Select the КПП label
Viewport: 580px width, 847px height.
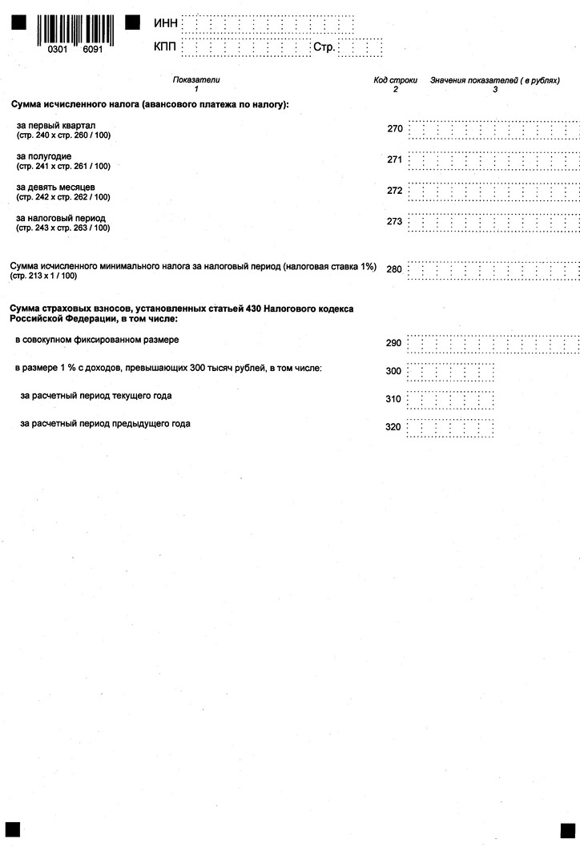click(x=166, y=48)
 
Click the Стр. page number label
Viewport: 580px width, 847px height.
click(x=324, y=48)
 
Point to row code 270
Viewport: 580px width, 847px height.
click(x=394, y=129)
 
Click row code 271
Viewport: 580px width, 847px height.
click(x=394, y=159)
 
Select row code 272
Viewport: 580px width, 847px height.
click(x=394, y=191)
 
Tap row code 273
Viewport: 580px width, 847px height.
click(x=394, y=222)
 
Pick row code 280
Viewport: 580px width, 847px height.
click(x=394, y=269)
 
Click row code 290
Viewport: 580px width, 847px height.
click(x=393, y=344)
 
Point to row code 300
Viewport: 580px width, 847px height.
click(x=393, y=372)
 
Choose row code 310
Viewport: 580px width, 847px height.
click(x=393, y=399)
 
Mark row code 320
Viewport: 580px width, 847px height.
click(x=393, y=427)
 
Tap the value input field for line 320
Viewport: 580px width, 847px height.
click(x=449, y=427)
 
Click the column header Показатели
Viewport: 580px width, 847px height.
click(x=195, y=80)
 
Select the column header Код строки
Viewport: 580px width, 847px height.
click(x=395, y=80)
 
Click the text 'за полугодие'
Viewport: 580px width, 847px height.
click(x=44, y=156)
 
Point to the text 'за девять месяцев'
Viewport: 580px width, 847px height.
click(x=56, y=187)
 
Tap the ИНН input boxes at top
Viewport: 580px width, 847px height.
click(x=268, y=24)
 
